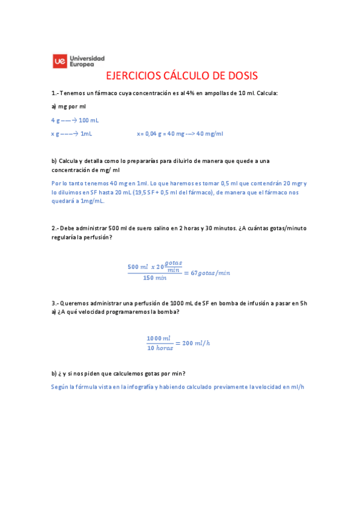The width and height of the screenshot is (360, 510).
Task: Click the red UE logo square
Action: tap(59, 61)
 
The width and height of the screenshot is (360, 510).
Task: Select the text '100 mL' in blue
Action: tap(88, 120)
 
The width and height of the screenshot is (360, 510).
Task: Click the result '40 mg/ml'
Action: tap(210, 134)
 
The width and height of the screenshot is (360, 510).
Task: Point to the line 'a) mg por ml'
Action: tap(69, 106)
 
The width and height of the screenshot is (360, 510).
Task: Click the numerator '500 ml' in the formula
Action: tap(138, 266)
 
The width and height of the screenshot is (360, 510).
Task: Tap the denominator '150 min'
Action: tap(154, 278)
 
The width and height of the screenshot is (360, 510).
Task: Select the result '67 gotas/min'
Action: tap(210, 272)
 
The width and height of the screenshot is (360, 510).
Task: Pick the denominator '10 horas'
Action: tap(160, 348)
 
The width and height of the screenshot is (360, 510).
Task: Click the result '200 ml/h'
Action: tap(196, 343)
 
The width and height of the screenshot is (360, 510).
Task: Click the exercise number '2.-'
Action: tap(55, 228)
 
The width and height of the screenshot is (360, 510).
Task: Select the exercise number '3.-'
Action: tap(55, 303)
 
